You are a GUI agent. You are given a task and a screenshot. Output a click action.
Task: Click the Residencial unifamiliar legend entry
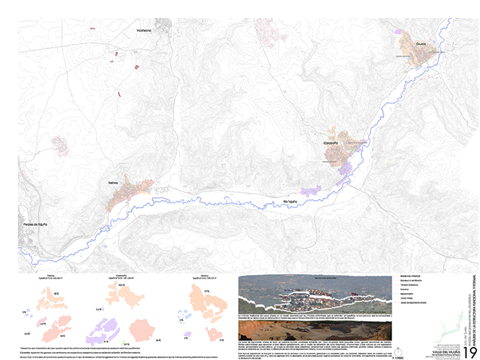[x=410, y=277]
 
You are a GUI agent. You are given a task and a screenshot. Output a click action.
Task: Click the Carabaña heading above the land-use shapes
[x=120, y=274]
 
